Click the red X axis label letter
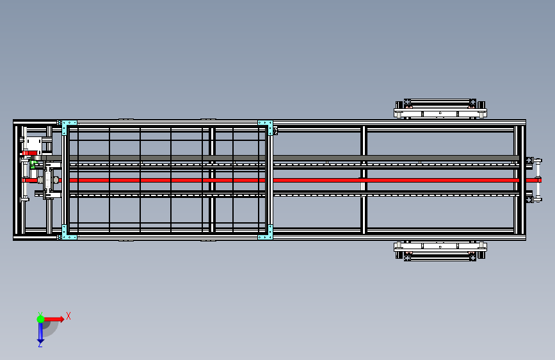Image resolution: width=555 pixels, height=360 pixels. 68,316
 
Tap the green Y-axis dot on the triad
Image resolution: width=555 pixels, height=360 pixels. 40,318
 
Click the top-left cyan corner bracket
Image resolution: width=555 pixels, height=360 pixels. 68,124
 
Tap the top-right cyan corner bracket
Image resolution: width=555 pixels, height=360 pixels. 265,124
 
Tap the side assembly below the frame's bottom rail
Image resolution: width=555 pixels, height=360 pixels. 440,250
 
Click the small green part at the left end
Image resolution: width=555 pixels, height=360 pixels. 33,164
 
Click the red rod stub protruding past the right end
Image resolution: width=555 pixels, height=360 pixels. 532,181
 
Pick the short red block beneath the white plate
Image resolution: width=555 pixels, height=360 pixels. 30,153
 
